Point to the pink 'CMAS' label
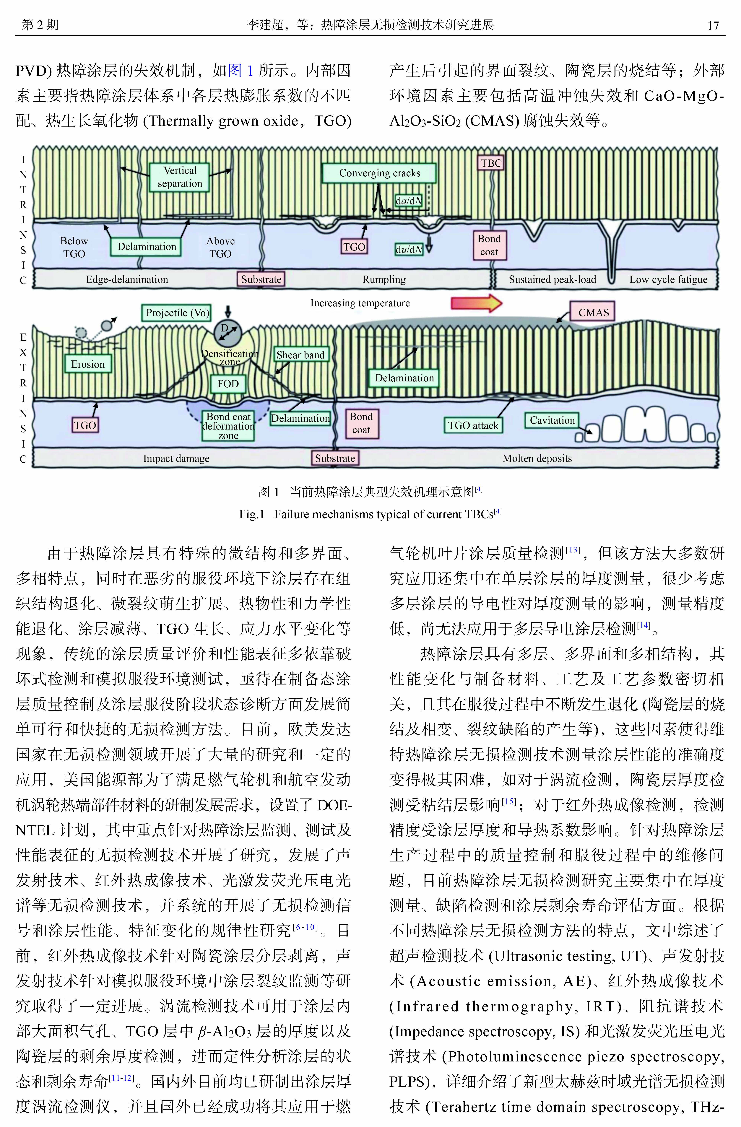(x=593, y=313)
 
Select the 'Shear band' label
(x=300, y=355)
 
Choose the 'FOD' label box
(x=228, y=384)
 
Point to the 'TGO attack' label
(x=473, y=425)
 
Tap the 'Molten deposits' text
(x=537, y=458)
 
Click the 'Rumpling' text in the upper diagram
(x=384, y=279)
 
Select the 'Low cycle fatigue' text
(x=668, y=279)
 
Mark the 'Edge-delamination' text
(x=127, y=279)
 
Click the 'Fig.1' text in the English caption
(x=251, y=514)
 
